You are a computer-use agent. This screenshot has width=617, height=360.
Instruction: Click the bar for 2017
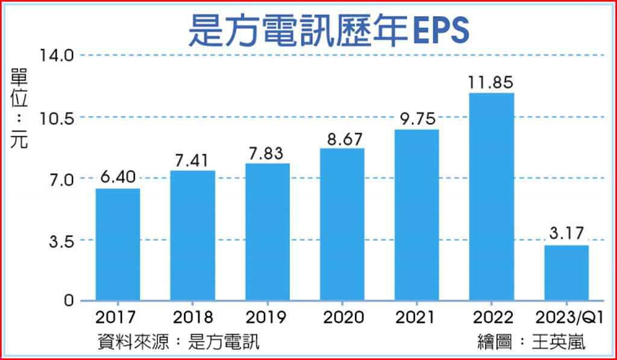click(x=118, y=244)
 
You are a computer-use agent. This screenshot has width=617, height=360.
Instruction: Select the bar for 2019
click(x=268, y=232)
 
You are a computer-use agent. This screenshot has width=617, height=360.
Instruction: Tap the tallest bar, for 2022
click(x=492, y=197)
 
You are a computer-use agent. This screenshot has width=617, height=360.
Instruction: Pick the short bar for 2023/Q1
click(x=566, y=273)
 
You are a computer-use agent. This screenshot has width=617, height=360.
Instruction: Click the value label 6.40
click(x=118, y=178)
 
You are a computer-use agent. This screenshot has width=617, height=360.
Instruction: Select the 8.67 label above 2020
click(x=342, y=139)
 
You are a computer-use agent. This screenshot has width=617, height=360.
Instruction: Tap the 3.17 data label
click(x=566, y=235)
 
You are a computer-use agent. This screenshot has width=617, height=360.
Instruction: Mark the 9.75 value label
click(x=417, y=119)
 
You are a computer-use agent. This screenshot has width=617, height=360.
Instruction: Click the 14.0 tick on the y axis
click(x=57, y=55)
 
